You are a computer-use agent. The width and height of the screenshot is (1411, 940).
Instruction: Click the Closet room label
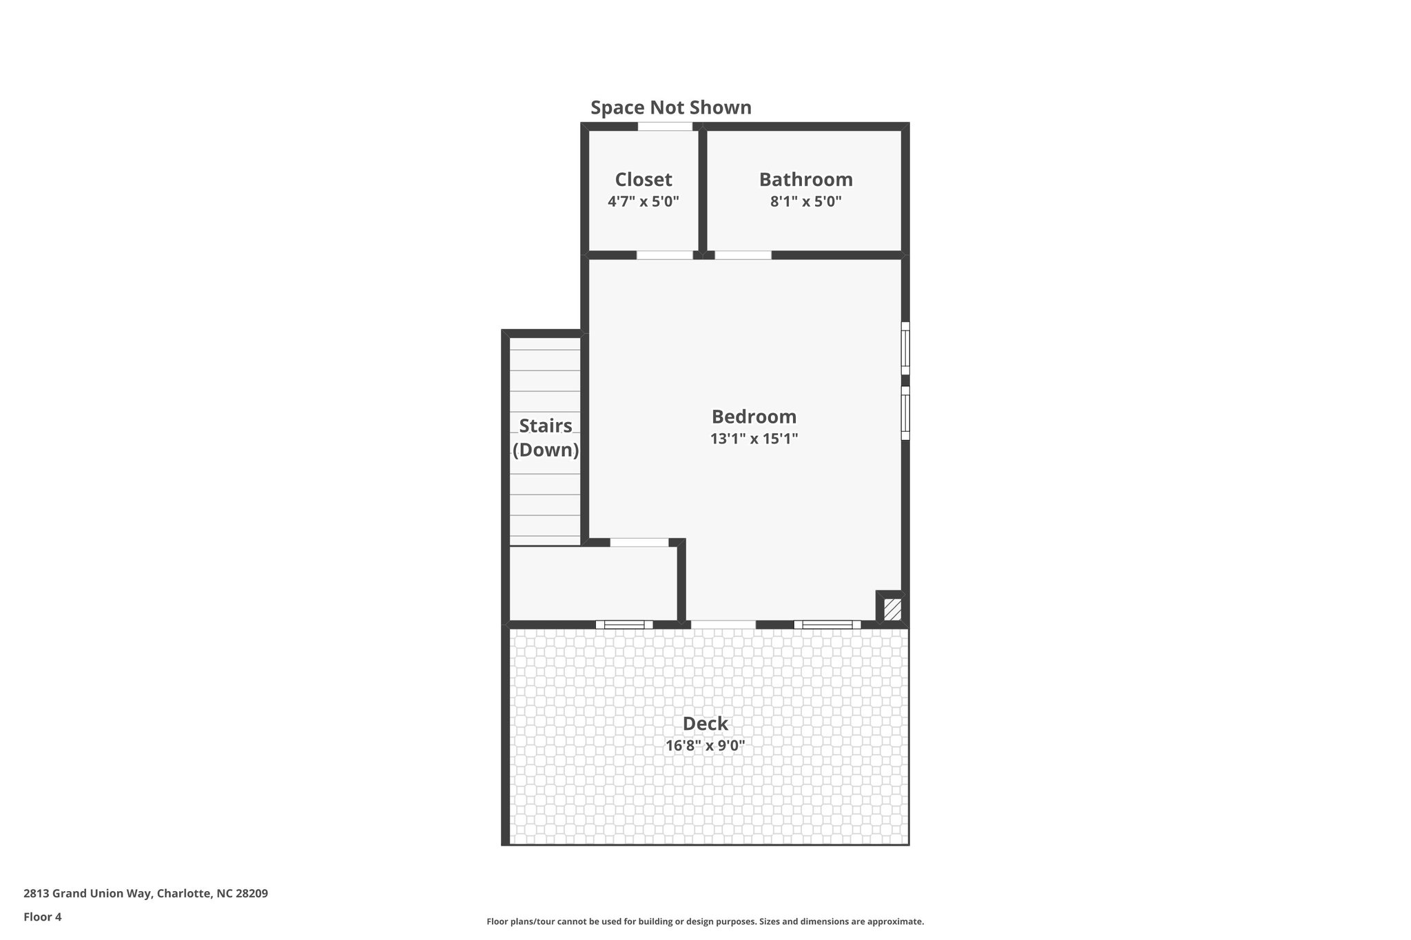(x=643, y=180)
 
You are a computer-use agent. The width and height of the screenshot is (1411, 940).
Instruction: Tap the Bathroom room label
(x=805, y=180)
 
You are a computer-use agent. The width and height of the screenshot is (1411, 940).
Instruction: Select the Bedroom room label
(x=754, y=417)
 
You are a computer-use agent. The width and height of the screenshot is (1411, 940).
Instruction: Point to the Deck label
(x=705, y=724)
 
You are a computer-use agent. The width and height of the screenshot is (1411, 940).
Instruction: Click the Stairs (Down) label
(x=546, y=438)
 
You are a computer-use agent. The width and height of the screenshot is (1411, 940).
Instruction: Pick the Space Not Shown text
(x=670, y=108)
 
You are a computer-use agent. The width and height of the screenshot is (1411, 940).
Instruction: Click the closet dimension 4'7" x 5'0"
(x=643, y=202)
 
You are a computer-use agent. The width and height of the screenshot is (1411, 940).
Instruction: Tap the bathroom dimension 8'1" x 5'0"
(x=805, y=202)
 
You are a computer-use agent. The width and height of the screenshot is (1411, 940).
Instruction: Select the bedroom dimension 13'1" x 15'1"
(x=754, y=439)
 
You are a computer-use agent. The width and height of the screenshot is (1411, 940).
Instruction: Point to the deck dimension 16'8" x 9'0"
(x=705, y=745)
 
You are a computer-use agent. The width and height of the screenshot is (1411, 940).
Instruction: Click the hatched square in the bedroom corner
(x=892, y=609)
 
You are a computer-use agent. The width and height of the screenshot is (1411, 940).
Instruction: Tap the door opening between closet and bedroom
(x=664, y=255)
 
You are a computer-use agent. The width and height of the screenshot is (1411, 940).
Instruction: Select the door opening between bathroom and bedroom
(x=743, y=255)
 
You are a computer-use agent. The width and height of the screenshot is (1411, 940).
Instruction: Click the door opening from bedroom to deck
(x=723, y=625)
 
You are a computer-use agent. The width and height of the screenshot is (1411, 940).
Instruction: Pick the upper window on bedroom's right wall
(x=905, y=348)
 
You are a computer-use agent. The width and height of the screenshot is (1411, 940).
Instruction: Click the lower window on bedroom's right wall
(x=905, y=412)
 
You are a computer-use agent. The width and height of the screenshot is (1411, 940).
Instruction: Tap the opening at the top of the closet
(x=665, y=127)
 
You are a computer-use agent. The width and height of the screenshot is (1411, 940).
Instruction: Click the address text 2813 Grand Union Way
(x=145, y=894)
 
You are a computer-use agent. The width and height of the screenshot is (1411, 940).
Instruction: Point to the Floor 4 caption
(x=43, y=917)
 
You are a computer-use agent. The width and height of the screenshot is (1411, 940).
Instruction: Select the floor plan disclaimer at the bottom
(x=705, y=921)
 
